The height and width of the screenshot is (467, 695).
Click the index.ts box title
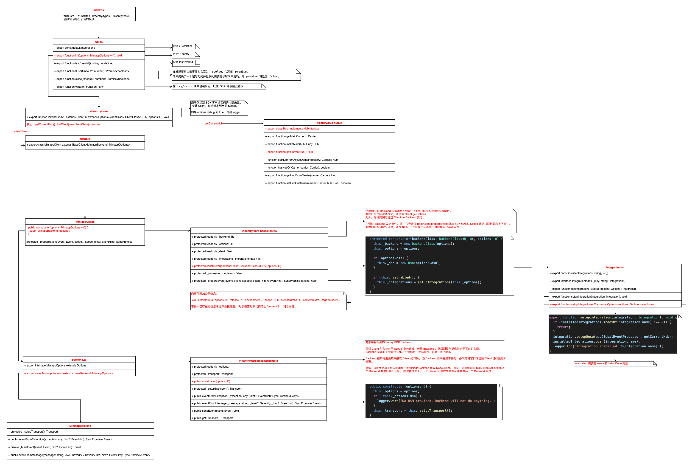(98, 10)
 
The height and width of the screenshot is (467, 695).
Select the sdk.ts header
(98, 42)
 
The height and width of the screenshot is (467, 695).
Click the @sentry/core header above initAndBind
(99, 111)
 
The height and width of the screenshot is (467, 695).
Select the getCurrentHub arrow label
(213, 124)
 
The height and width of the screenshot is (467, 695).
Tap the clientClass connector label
(21, 131)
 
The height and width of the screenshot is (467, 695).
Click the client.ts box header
(85, 139)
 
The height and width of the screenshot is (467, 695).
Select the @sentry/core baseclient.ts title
(259, 231)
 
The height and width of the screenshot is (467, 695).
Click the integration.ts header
(615, 267)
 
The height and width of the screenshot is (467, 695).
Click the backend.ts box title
(79, 360)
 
